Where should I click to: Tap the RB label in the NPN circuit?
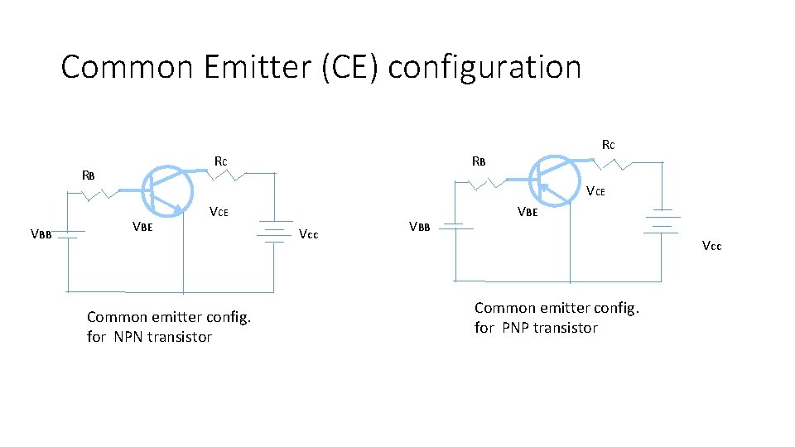(x=89, y=175)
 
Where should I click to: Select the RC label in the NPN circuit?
(x=220, y=161)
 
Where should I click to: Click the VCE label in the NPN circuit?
(x=219, y=212)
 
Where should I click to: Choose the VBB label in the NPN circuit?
(x=41, y=233)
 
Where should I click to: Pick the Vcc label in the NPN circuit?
(x=308, y=233)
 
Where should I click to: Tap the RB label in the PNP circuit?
(x=478, y=161)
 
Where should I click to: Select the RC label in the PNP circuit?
(x=608, y=145)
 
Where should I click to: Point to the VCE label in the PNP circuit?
(x=596, y=192)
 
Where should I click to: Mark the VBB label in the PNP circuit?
(x=421, y=227)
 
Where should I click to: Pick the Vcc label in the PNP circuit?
(x=711, y=245)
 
